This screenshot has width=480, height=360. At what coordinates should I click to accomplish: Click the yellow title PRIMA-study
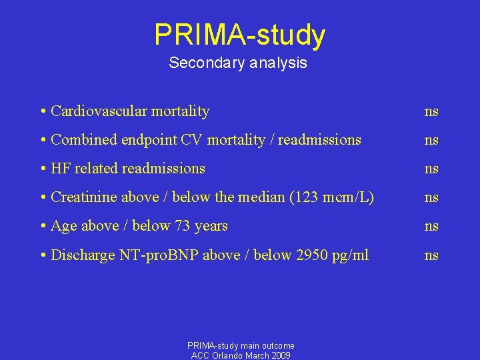coord(240,35)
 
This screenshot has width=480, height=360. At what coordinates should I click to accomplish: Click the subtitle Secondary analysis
coord(238,63)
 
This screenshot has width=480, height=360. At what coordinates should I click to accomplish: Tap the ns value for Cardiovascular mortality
coord(431,111)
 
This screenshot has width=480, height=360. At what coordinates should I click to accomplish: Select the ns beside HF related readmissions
coord(431,169)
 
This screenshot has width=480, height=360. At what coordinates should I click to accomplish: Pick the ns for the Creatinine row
coord(431,197)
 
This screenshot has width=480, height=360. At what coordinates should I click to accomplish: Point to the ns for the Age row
coord(431,226)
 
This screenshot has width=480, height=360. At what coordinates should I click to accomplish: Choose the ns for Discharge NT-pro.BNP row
coord(431,255)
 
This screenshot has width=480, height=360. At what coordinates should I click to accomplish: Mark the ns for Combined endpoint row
coord(431,140)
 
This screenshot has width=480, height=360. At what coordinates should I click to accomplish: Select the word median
coord(259,197)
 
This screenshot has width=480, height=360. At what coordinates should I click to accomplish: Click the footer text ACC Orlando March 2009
coord(241,355)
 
